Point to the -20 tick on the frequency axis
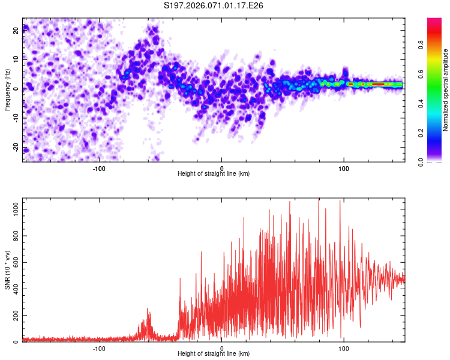[16, 148]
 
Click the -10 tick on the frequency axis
[16, 118]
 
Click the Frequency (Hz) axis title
[7, 90]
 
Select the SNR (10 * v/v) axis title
[7, 270]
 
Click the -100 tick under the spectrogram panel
[100, 168]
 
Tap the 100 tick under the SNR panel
[344, 348]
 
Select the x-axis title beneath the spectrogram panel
[214, 174]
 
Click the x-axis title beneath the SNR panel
[214, 354]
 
